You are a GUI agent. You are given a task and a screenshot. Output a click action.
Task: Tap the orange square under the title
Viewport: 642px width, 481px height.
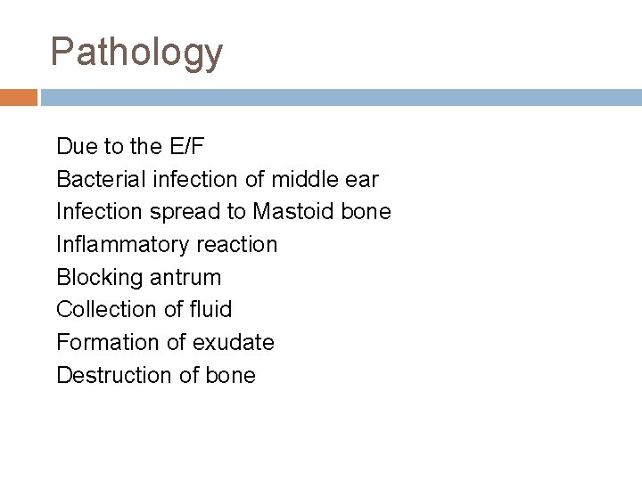tap(18, 96)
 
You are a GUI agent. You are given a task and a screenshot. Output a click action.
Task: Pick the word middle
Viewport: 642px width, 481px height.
tap(304, 180)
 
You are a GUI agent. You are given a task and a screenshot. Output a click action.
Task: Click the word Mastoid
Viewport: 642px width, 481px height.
tap(293, 212)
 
